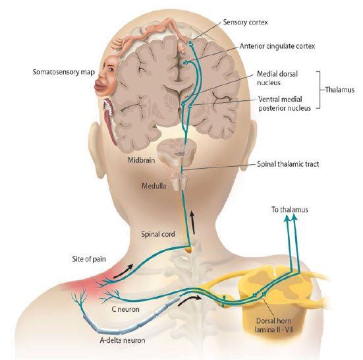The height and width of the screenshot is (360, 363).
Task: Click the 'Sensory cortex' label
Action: click(245, 22)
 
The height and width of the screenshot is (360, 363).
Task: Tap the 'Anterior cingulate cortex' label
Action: click(277, 46)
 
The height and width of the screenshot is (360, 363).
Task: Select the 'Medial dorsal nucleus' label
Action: click(277, 78)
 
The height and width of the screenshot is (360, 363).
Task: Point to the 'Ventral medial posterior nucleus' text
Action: click(285, 104)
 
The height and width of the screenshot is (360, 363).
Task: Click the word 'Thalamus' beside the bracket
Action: click(340, 90)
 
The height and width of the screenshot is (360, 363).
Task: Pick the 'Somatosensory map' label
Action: click(64, 72)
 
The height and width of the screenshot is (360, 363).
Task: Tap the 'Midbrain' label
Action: click(141, 160)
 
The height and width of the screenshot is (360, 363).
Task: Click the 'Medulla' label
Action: click(154, 186)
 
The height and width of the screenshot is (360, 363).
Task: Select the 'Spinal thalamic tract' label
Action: click(288, 164)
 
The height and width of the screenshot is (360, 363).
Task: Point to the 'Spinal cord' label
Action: click(158, 234)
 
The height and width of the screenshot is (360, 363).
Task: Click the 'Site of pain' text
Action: click(89, 258)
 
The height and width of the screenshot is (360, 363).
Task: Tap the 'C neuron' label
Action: click(125, 309)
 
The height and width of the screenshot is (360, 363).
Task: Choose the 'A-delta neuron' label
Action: click(123, 340)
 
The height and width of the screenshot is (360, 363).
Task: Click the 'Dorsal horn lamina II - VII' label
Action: click(273, 325)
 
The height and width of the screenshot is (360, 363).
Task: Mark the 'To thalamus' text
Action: click(290, 210)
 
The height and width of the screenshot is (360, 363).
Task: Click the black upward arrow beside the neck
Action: click(192, 222)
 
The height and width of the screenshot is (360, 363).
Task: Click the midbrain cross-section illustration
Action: click(177, 151)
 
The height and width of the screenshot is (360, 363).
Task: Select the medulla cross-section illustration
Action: click(179, 181)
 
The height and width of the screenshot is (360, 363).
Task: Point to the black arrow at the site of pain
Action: click(123, 271)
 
